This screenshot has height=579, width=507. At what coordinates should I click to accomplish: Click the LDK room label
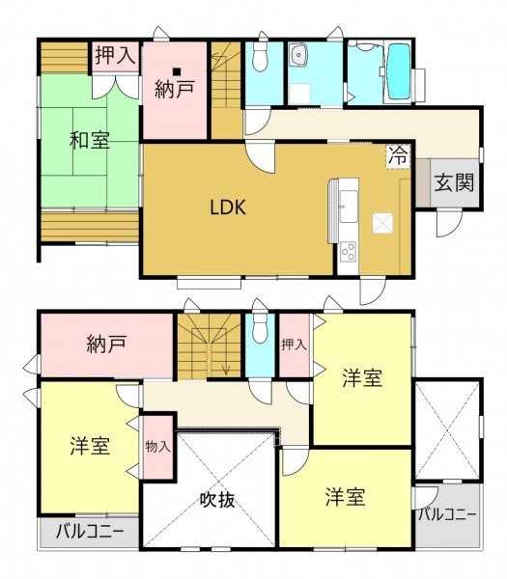228,207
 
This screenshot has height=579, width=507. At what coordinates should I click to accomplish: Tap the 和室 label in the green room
90,140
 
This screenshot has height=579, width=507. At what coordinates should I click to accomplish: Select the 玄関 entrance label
454,182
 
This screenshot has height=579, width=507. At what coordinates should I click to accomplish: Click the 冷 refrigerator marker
398,155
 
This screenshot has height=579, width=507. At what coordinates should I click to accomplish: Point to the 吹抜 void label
217,500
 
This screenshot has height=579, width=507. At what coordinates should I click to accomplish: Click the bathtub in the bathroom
399,72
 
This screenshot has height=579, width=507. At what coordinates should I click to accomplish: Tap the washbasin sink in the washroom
298,55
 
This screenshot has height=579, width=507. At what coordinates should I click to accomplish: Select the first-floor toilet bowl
260,57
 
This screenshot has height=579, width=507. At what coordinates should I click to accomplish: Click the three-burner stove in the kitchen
348,252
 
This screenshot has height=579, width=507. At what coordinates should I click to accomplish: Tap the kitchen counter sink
349,207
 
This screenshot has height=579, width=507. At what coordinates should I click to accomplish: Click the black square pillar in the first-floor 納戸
178,71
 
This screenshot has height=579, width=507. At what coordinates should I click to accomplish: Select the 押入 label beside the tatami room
115,56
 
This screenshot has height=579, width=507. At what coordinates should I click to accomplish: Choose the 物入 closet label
157,447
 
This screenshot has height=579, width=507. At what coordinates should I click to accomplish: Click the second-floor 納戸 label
107,345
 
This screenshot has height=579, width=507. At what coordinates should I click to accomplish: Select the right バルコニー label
447,514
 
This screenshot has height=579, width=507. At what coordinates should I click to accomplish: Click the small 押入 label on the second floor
294,345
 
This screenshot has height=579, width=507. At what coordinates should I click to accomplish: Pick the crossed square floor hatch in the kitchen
382,223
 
